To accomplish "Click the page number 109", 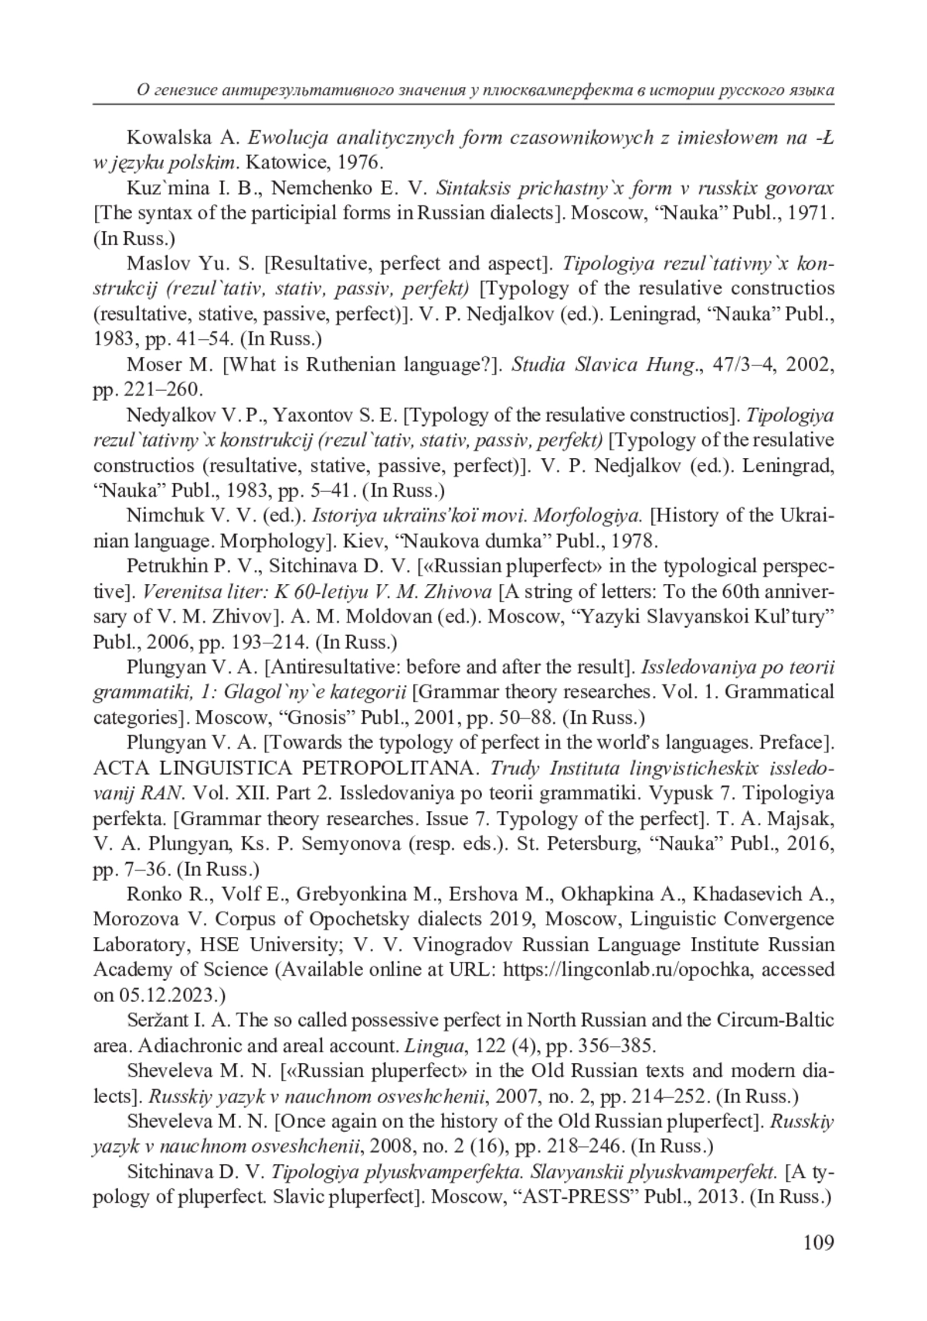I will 818,1242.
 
